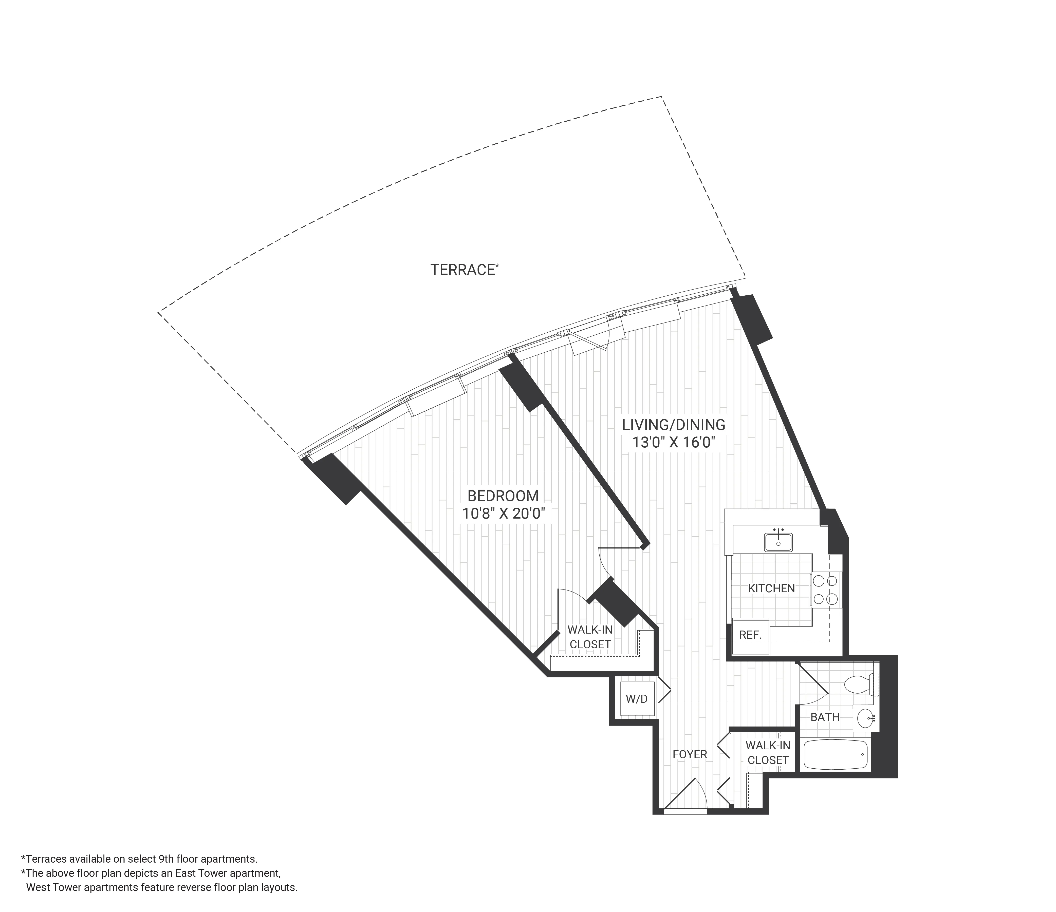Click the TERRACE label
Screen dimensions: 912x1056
(463, 270)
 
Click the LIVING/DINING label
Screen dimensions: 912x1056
(673, 424)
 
